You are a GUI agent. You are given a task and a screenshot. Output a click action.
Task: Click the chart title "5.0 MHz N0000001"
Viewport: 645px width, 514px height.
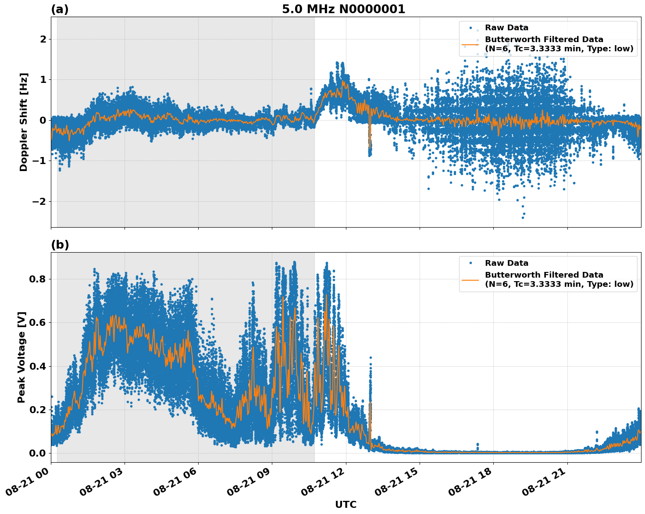pos(343,9)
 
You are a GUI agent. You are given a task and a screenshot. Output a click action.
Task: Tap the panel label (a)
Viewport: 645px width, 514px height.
pos(60,9)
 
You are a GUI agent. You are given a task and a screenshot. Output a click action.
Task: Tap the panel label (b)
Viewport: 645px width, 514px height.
pos(60,245)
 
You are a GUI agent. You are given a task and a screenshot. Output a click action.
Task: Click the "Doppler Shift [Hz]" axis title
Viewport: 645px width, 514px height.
pos(24,122)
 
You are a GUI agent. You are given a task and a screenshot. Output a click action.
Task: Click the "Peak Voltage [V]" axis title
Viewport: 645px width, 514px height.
pos(21,357)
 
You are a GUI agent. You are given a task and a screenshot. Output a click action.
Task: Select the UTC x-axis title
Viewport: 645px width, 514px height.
pos(346,504)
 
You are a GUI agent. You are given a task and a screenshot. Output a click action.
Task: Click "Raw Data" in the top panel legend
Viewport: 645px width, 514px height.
pos(506,28)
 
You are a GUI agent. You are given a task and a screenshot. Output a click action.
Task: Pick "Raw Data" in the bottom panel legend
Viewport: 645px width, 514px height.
pos(506,263)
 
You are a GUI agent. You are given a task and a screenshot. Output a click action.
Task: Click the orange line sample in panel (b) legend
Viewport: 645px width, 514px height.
pos(470,279)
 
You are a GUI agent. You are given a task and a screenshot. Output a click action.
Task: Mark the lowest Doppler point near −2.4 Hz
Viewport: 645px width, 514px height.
pos(523,218)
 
